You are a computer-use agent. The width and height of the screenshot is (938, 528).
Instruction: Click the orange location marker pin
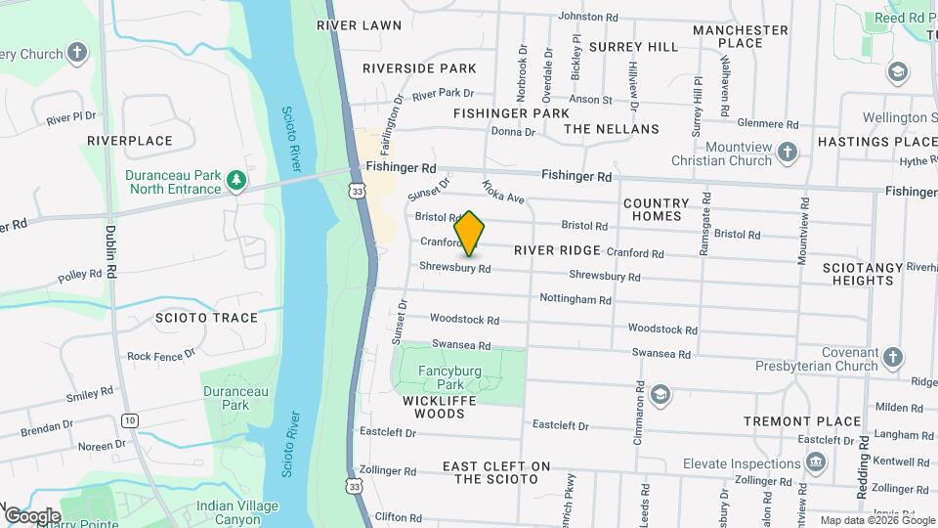(470, 234)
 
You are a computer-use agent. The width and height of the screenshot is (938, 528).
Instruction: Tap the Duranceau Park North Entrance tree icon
(235, 181)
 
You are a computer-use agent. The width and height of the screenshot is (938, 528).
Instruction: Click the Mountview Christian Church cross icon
(789, 153)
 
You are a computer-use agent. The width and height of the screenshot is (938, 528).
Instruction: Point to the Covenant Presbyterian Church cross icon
(891, 359)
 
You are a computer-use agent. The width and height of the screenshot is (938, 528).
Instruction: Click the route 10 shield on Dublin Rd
(129, 420)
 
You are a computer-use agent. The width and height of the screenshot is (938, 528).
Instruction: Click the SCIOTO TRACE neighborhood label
(206, 318)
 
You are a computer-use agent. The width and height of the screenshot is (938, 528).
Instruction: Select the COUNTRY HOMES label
(656, 209)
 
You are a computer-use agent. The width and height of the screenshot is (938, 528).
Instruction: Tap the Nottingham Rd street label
(575, 300)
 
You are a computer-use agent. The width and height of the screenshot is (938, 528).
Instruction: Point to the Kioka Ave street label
(504, 191)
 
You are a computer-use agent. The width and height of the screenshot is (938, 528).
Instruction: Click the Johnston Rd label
(587, 17)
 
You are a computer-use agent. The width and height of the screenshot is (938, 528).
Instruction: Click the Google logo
(32, 515)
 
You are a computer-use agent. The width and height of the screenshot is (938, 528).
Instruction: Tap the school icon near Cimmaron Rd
(660, 394)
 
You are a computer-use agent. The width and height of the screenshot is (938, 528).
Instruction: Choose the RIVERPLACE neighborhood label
(130, 141)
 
